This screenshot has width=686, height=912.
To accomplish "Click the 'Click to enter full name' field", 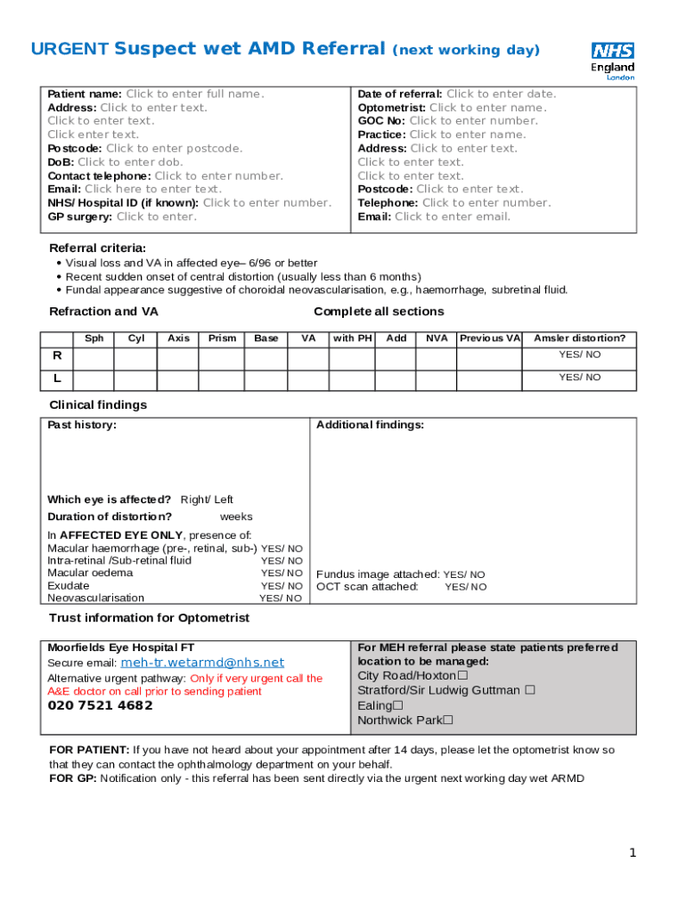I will (x=194, y=94).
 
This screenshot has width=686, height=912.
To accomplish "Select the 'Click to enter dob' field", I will (x=130, y=162).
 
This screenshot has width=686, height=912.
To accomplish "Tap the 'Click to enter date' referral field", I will (x=501, y=94).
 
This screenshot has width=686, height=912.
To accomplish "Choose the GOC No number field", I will (x=473, y=121).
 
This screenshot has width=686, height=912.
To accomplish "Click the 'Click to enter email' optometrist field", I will (x=453, y=216).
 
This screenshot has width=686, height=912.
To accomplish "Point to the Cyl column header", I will (x=136, y=338).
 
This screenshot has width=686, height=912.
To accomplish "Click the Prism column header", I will (x=222, y=338).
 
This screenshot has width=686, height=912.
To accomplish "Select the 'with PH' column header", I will (x=352, y=338).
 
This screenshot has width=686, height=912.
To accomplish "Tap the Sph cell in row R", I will (x=94, y=357).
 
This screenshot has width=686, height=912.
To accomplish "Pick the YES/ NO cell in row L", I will (x=579, y=378).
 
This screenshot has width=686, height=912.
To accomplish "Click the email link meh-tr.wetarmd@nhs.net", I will (x=202, y=663).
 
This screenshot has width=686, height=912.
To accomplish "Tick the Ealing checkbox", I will (x=397, y=706).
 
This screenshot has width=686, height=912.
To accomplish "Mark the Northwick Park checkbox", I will (x=448, y=721).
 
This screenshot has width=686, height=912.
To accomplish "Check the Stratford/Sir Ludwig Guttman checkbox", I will (x=530, y=690).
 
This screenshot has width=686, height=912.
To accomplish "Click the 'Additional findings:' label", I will (x=370, y=425).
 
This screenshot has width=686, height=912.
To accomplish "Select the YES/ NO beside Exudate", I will (x=282, y=586).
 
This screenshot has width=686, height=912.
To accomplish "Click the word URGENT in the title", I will (x=70, y=50).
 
